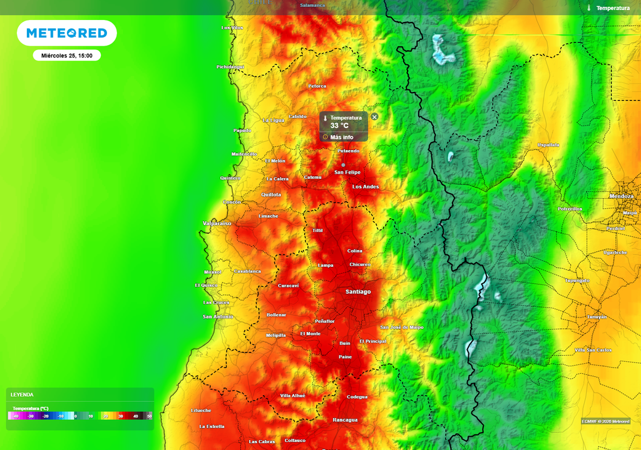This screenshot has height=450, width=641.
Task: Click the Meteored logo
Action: (66, 33)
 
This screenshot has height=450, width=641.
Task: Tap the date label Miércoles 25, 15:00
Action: (67, 56)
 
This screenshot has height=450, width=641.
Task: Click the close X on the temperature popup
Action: (374, 117)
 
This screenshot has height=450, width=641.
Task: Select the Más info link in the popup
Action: (341, 137)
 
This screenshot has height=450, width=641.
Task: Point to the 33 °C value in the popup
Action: (339, 126)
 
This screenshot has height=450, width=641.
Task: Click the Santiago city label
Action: (358, 292)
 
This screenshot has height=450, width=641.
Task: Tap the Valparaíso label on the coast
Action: (217, 223)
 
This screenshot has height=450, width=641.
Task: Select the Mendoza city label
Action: (621, 196)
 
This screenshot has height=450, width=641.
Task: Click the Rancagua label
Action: (345, 420)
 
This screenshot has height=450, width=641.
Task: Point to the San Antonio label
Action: (218, 317)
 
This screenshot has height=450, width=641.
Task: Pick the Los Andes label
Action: (366, 187)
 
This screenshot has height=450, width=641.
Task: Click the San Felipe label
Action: (347, 172)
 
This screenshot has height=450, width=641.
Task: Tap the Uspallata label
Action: (548, 145)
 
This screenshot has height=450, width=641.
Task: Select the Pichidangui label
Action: (230, 67)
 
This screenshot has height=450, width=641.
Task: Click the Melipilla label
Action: (275, 336)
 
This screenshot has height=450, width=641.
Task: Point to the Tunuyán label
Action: (597, 317)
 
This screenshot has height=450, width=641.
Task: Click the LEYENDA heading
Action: (22, 395)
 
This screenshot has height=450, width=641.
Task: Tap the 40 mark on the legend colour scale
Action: (135, 416)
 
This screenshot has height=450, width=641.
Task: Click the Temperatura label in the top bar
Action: (612, 8)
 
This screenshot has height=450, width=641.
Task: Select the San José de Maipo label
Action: (402, 327)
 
